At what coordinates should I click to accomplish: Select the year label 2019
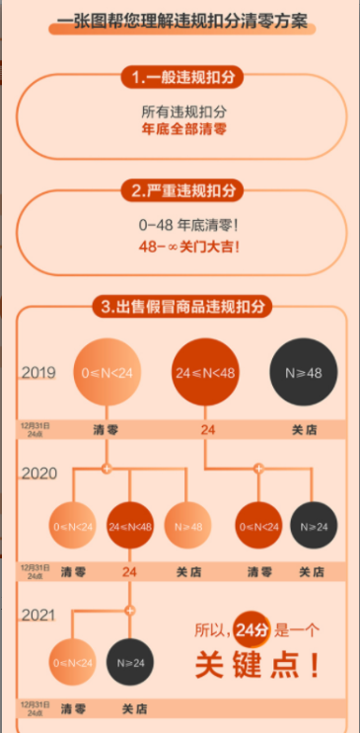point(38,374)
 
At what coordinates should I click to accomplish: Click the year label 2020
point(38,474)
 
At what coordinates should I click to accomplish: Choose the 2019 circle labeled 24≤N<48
point(207,375)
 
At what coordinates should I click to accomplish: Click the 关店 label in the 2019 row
point(304,430)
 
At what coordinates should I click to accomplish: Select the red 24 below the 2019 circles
point(207,430)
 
